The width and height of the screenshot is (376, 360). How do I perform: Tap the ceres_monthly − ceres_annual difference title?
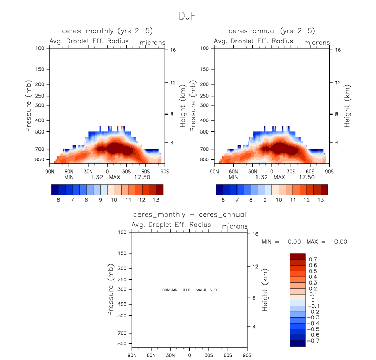point(189,214)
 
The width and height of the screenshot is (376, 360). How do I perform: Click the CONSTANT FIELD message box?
point(190,290)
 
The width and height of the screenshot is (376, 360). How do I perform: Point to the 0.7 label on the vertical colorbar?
point(313,259)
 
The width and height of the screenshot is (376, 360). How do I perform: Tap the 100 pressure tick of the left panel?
point(42,48)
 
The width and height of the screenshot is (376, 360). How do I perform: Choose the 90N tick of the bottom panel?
point(132,355)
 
